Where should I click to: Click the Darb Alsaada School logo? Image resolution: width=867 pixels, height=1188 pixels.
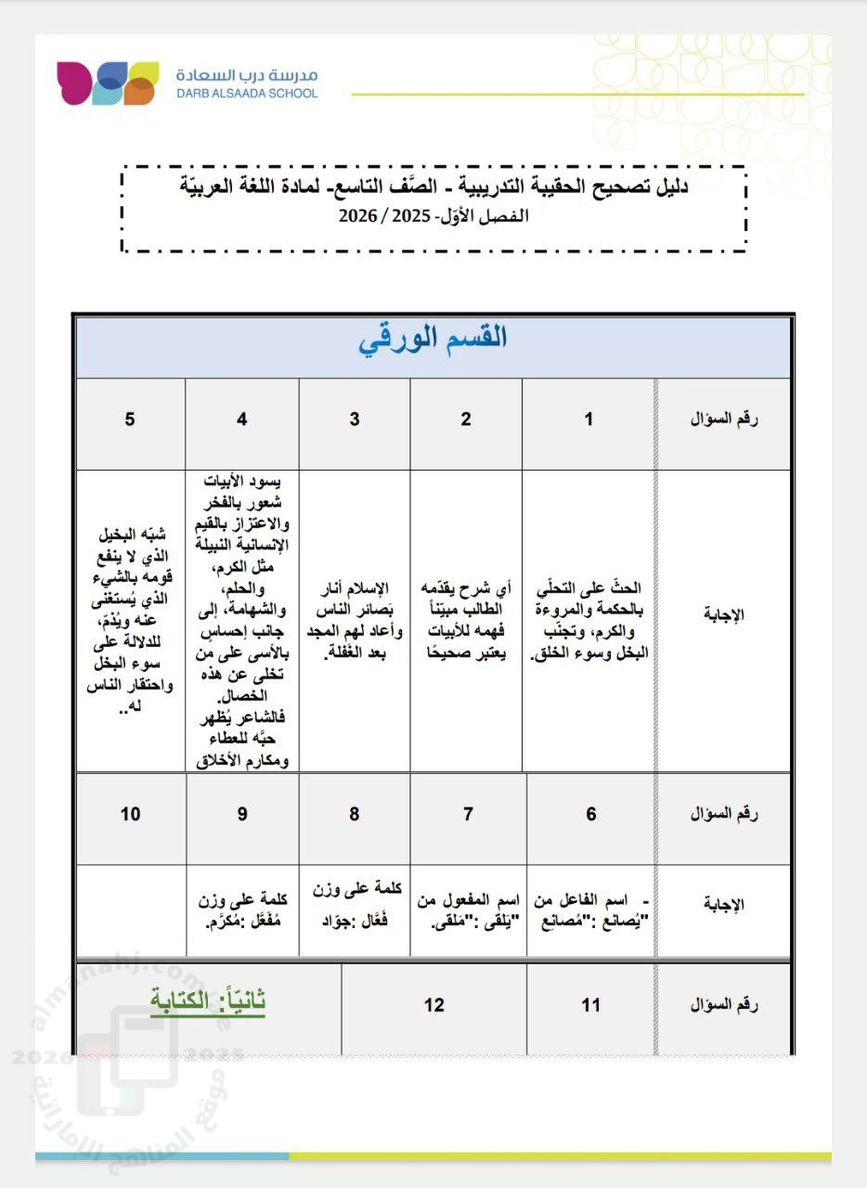107,83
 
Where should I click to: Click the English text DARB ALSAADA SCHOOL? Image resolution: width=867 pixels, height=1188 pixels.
246,94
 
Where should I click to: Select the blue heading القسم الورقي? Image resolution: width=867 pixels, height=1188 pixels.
433,338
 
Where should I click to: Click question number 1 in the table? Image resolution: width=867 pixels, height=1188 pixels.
589,419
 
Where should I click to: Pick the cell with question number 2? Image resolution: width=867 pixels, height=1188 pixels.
466,419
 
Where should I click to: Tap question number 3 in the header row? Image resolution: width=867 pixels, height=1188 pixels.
355,419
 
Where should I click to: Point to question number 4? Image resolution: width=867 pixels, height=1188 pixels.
242,419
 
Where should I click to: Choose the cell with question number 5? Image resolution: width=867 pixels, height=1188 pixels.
130,419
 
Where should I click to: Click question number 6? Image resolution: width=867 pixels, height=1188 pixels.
591,814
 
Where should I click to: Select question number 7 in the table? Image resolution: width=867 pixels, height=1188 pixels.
468,814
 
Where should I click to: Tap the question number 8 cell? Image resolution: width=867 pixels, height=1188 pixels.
355,814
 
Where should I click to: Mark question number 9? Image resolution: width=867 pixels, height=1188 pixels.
242,814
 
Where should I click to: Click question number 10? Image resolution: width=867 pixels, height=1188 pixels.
130,814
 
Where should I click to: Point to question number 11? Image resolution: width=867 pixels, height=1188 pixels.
591,1005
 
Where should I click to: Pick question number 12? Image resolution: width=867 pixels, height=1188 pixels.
433,1005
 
